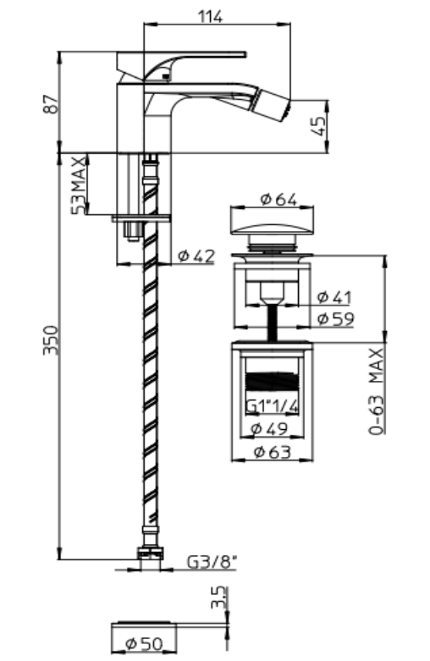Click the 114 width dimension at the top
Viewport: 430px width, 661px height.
pyautogui.click(x=211, y=17)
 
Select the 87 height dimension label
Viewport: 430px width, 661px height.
pyautogui.click(x=51, y=104)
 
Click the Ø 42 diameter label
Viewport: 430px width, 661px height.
pyautogui.click(x=196, y=256)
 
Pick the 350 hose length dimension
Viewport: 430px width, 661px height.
pyautogui.click(x=51, y=339)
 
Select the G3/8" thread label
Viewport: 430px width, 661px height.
pyautogui.click(x=212, y=561)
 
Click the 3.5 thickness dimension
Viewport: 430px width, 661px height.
pyautogui.click(x=218, y=598)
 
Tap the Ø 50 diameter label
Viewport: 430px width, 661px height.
pyautogui.click(x=144, y=644)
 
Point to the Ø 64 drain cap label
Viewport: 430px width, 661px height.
pyautogui.click(x=278, y=200)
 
